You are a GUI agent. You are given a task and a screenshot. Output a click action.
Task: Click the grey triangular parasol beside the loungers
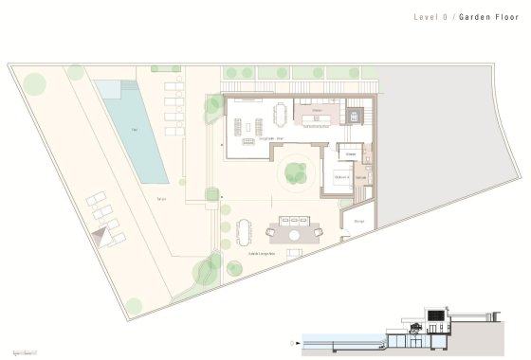pos(98,232)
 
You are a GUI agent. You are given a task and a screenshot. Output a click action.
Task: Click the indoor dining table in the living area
pos(280,114)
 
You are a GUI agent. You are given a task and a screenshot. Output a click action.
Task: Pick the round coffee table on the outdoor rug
pos(295,235)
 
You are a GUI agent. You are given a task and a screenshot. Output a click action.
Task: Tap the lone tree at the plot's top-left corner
pos(34,82)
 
